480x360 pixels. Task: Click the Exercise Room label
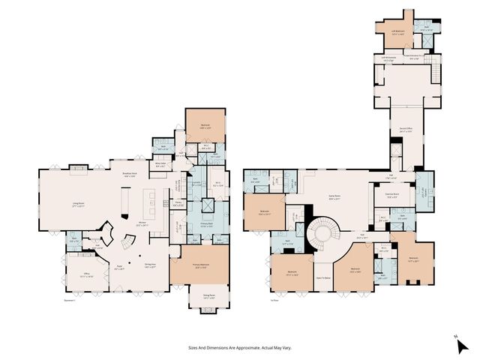(391, 197)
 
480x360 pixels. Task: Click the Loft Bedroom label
(397, 31)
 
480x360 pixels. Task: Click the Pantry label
(179, 202)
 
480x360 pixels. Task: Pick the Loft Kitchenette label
(389, 58)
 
